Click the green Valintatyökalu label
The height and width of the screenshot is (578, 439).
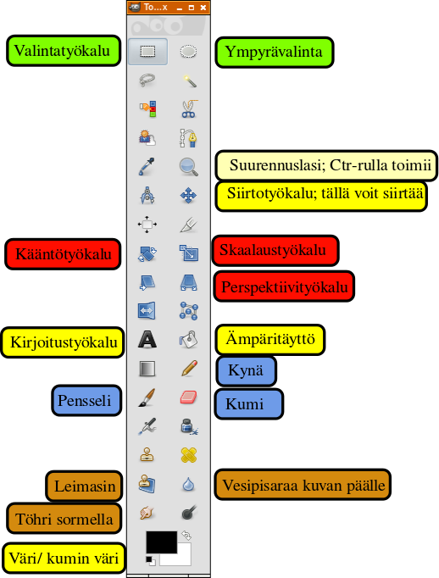(64, 51)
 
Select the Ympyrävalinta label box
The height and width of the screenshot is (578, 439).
(275, 52)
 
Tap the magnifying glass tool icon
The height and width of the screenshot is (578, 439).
(189, 167)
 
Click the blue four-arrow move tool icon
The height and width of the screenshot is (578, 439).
(188, 196)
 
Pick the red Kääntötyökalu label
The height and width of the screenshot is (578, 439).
(63, 254)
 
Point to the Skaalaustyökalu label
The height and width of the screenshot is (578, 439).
(275, 250)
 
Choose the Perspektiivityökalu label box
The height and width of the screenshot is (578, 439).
(284, 286)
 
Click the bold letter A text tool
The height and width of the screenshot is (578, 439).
(147, 340)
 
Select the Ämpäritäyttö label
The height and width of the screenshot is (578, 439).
(270, 340)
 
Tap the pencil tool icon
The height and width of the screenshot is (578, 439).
(189, 369)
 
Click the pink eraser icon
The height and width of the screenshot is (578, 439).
(189, 397)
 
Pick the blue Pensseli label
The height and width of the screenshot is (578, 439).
(86, 401)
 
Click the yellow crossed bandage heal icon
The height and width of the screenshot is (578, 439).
(189, 455)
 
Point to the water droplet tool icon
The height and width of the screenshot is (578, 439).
(188, 485)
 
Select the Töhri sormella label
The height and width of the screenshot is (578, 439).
(64, 519)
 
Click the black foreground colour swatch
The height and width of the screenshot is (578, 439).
(161, 542)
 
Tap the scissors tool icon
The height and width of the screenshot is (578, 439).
(189, 108)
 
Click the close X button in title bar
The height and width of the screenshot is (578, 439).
(203, 8)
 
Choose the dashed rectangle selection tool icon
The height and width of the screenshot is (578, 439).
(147, 51)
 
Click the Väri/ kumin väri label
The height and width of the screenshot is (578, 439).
(64, 559)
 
